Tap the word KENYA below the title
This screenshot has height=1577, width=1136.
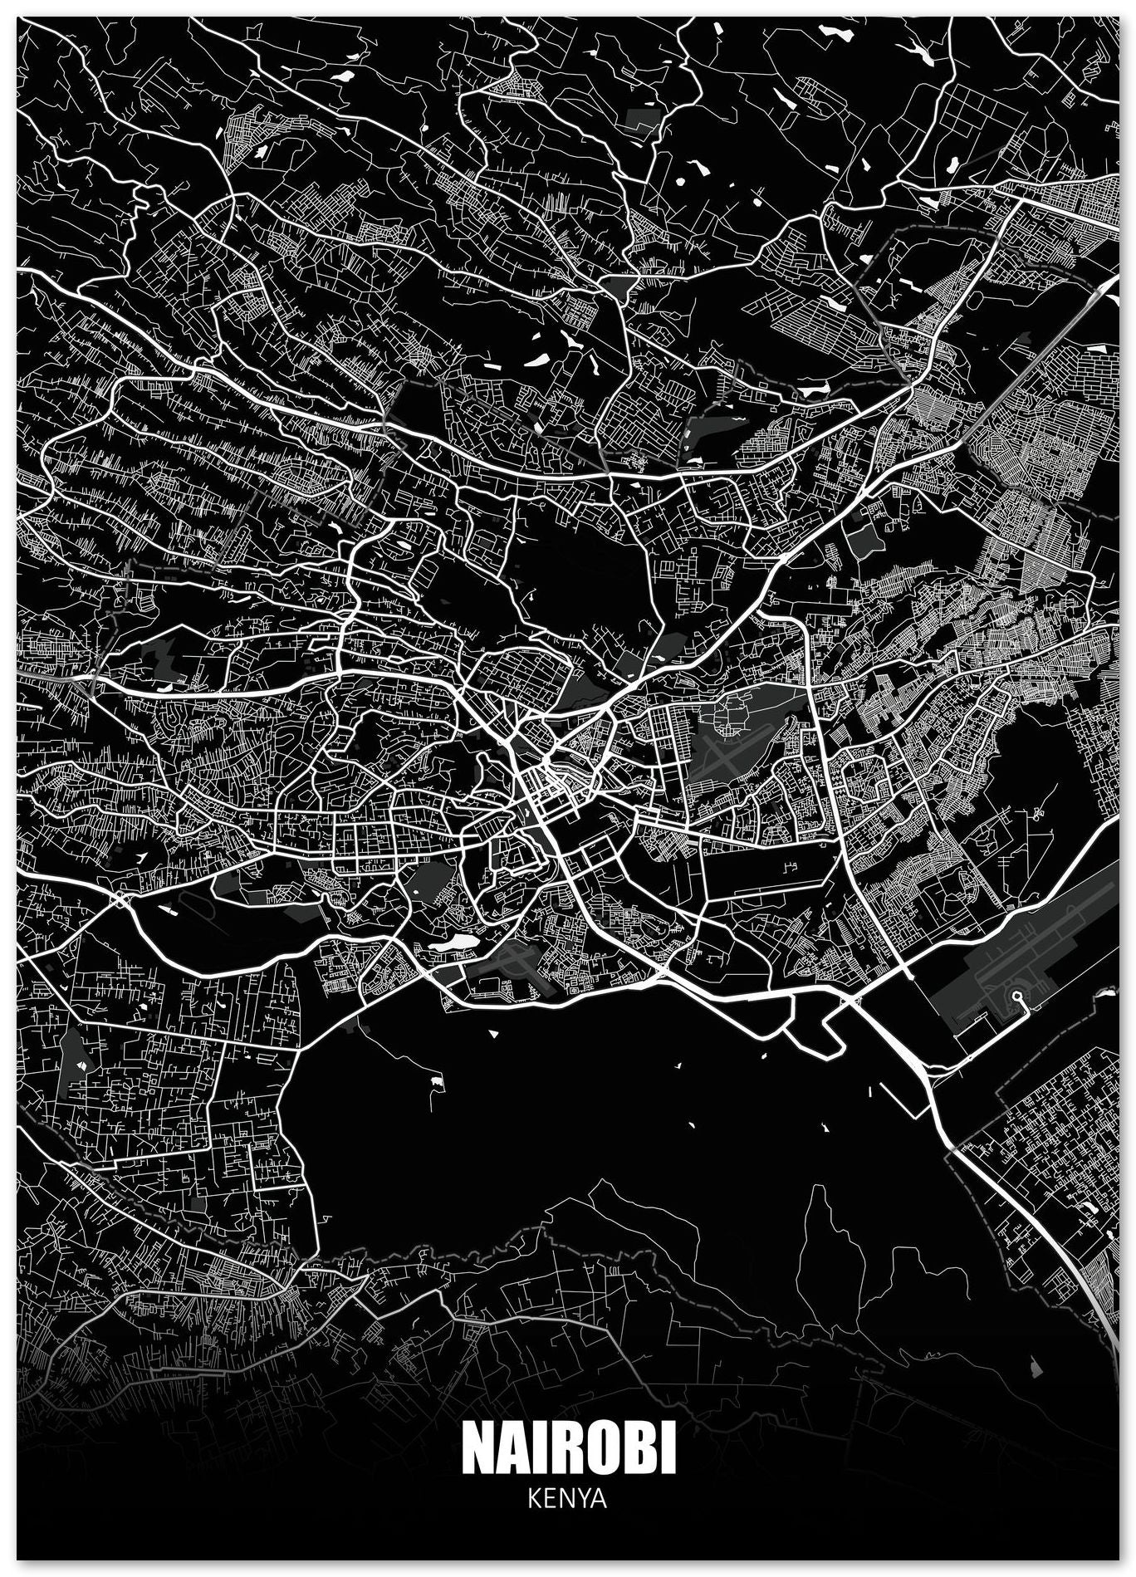(568, 1501)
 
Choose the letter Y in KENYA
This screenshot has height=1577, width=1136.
(580, 1501)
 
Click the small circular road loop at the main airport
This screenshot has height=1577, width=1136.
(1016, 996)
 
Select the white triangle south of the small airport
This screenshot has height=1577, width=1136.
(495, 1035)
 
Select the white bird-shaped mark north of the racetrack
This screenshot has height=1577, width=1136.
(140, 855)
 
